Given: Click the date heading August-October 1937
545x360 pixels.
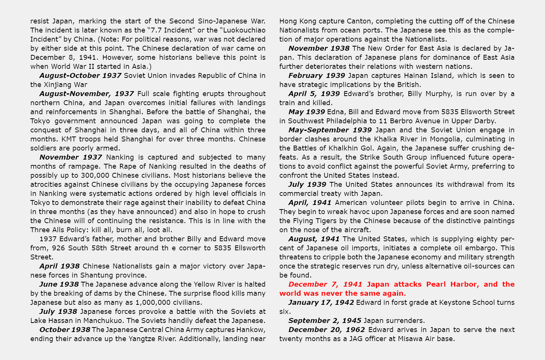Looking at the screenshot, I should coord(80,76).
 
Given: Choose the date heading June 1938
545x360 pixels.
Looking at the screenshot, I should coord(59,284).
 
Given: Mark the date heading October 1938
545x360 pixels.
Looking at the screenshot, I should coord(65,330).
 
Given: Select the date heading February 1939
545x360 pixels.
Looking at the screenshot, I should coord(317,76).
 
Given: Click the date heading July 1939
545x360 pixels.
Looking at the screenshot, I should coord(307,185).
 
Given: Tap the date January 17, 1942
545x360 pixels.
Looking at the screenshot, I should coord(321,303).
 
